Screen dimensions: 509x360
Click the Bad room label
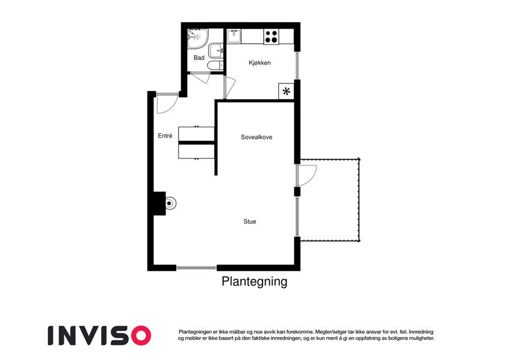199,58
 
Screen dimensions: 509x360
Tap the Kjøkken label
260,63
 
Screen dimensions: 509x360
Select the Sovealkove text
257,137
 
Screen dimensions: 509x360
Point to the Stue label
249,221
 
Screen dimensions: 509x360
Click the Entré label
165,136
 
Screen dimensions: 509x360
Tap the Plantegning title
254,281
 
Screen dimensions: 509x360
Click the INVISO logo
100,335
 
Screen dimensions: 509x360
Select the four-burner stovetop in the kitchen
271,37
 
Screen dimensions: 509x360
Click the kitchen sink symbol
234,36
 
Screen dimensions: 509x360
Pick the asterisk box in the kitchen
287,91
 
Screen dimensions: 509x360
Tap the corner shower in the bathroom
197,38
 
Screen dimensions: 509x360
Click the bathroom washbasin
216,51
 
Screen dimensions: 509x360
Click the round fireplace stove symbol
170,203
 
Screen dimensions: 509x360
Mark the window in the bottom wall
197,268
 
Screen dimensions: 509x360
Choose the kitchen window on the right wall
297,65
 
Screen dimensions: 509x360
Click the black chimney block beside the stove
159,203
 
